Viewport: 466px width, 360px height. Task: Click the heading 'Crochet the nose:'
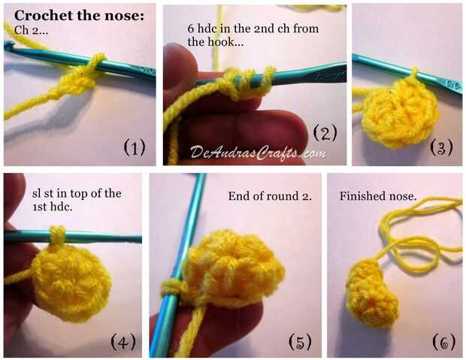79,16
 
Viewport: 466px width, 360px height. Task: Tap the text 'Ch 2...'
31,30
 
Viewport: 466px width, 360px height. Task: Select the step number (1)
135,147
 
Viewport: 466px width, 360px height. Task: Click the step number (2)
325,132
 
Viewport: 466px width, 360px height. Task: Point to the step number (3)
442,147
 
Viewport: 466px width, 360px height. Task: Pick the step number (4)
123,342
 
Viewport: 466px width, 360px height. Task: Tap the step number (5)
300,342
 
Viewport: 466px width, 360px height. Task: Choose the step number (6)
444,342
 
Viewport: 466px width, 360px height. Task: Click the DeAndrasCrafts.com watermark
258,153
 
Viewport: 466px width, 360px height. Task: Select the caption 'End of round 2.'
270,196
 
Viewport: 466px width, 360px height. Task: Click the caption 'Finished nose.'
378,196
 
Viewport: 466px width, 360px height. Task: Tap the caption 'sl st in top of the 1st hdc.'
77,200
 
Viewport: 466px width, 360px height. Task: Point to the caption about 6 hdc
253,35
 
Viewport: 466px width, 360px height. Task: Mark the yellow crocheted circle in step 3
400,113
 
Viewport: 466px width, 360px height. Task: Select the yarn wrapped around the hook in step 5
171,286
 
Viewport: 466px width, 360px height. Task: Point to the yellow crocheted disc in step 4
72,283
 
